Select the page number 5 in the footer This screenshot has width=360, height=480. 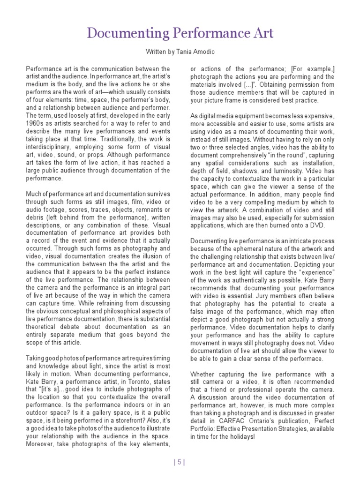pyautogui.click(x=180, y=462)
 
